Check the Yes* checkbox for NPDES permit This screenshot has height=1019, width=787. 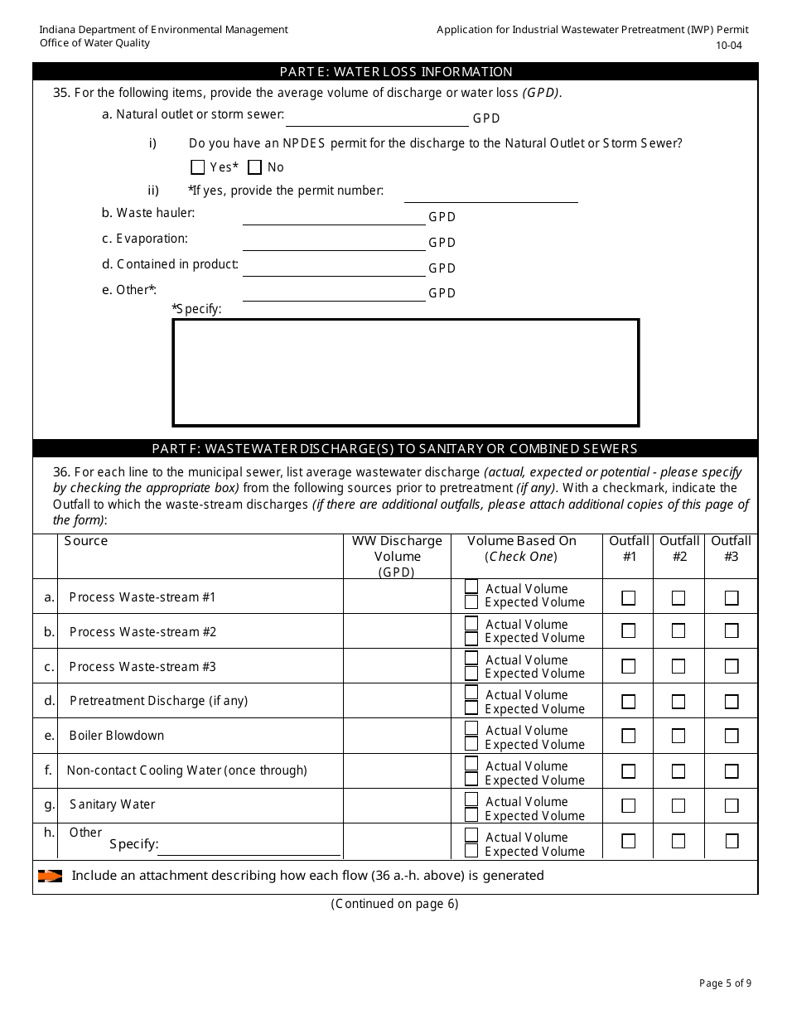click(197, 167)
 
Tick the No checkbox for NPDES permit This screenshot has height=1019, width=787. click(255, 167)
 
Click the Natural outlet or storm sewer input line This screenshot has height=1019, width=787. click(376, 119)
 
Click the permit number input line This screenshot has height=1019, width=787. click(490, 196)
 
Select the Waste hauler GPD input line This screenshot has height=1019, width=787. click(333, 218)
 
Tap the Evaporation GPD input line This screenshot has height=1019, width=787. click(333, 244)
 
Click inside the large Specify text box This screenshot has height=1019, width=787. click(405, 372)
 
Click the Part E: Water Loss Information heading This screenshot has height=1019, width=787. click(395, 72)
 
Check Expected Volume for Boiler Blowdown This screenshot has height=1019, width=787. click(471, 744)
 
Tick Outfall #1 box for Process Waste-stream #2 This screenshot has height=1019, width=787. click(629, 631)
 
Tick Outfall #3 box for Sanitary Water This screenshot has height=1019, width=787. click(731, 805)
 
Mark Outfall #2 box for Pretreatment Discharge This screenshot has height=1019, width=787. click(678, 702)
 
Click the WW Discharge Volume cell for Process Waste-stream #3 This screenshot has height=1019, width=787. click(397, 666)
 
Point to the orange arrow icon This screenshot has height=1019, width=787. click(50, 876)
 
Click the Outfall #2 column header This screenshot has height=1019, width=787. click(679, 548)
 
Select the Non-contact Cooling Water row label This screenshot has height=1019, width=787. click(186, 770)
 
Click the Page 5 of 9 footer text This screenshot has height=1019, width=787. click(725, 983)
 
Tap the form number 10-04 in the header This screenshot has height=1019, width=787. click(729, 46)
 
